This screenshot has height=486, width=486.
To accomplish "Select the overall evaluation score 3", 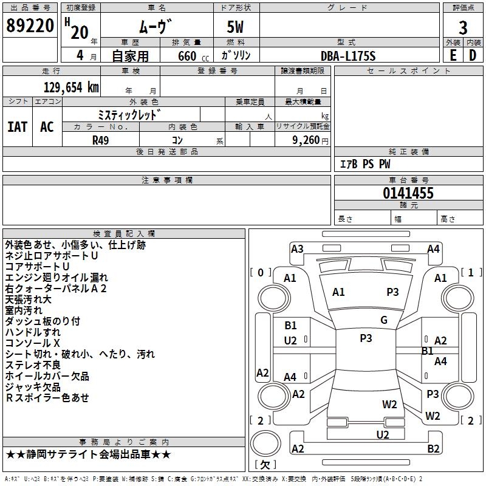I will [x=463, y=27].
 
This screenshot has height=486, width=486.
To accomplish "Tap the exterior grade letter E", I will [x=453, y=55].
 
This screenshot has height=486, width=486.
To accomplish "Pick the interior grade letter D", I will [x=473, y=55].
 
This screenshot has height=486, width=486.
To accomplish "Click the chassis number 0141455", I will [x=408, y=194].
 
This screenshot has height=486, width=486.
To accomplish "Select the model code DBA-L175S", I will [x=348, y=56].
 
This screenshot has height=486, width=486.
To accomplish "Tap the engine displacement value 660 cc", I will [x=187, y=56].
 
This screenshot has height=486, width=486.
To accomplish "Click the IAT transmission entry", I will [x=17, y=127].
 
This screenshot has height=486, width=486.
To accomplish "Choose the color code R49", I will [x=101, y=140].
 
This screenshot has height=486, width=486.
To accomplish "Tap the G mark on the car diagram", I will [x=384, y=320].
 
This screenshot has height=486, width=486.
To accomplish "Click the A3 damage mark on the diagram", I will [x=297, y=248].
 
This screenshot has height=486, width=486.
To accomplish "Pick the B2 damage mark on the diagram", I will [x=433, y=449].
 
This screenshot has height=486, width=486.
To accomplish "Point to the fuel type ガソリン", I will [x=236, y=55].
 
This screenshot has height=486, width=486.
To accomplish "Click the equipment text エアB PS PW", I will [x=364, y=164].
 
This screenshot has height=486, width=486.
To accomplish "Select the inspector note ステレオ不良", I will [x=33, y=365].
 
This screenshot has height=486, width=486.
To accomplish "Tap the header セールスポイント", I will [x=409, y=71].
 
